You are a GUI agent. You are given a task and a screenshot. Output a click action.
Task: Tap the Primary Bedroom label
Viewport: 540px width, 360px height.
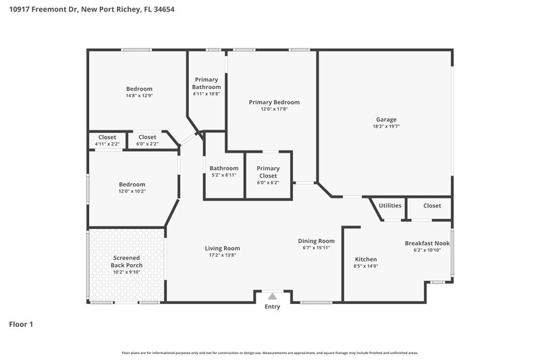[274, 102]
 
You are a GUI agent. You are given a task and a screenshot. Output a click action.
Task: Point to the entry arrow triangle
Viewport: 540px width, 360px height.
[272, 296]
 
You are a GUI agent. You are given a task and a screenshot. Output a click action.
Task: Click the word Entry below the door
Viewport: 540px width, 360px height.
[272, 307]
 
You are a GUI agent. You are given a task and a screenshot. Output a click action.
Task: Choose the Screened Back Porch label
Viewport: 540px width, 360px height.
[127, 261]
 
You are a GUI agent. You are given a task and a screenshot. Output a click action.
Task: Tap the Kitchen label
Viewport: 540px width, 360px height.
[366, 259]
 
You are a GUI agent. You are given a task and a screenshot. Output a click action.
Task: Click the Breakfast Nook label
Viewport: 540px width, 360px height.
[427, 243]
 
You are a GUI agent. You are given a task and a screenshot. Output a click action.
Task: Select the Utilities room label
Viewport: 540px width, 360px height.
[390, 205]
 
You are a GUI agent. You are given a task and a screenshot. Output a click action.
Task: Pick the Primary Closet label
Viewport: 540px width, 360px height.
[268, 172]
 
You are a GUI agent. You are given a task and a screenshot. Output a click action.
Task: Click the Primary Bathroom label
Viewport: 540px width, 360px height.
[207, 83]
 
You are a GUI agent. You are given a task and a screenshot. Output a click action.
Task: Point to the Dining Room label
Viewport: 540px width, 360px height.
[317, 241]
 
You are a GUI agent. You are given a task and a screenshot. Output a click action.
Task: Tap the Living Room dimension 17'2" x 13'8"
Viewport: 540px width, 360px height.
[222, 256]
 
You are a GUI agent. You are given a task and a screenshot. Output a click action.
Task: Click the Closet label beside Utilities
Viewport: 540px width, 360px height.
[432, 205]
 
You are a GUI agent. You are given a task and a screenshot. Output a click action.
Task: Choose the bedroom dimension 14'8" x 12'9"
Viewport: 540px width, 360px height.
[139, 96]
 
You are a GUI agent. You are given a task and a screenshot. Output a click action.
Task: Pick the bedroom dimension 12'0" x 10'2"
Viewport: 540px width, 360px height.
[132, 191]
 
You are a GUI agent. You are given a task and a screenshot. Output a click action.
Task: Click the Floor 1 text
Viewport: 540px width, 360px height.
[20, 324]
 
